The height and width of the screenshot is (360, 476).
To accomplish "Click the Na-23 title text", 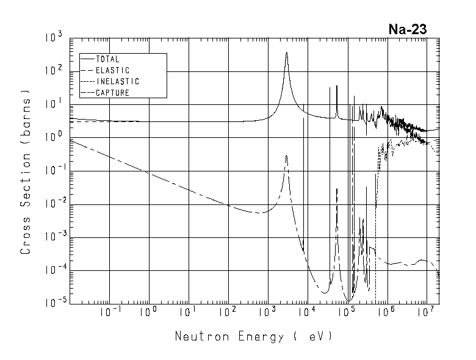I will (408, 29).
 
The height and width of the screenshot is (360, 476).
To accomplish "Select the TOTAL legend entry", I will (107, 59).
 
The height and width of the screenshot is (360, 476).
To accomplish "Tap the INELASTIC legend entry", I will (117, 81).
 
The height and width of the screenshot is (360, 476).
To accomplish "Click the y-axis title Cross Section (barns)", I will (26, 175).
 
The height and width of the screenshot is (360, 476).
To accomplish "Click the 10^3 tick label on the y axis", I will (53, 38).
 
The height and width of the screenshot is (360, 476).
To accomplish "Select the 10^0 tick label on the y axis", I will (53, 137).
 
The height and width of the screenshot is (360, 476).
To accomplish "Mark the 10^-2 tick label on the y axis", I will (51, 204).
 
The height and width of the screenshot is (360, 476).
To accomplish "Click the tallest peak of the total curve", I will (286, 52).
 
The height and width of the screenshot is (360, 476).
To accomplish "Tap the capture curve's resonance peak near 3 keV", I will (286, 156).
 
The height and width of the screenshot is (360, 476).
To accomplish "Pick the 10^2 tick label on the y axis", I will (53, 71).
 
